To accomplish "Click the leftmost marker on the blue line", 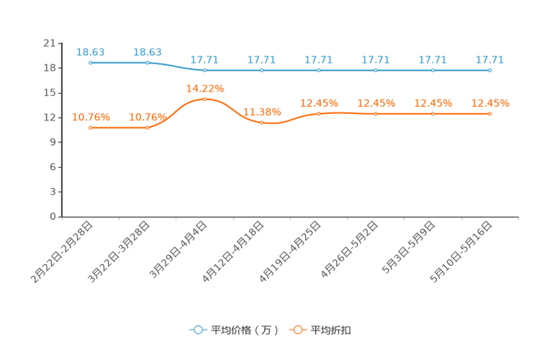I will (90, 63).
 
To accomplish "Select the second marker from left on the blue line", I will (147, 63).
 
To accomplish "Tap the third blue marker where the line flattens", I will (204, 70).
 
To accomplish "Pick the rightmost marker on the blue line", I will (490, 70).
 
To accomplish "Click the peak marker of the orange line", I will (205, 99).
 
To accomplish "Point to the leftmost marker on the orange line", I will (90, 128).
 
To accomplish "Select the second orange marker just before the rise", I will (147, 128).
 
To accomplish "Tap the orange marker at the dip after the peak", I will (261, 123).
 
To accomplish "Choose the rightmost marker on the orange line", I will (490, 114).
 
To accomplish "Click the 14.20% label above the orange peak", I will (205, 88).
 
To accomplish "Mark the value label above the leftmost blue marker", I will (91, 52).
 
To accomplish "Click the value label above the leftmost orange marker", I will (91, 116).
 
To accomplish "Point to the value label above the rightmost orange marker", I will (491, 103).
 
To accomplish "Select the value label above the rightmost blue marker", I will (490, 60).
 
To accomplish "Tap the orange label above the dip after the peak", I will (261, 111).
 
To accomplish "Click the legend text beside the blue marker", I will (244, 330).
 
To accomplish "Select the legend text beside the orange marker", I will (332, 330).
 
